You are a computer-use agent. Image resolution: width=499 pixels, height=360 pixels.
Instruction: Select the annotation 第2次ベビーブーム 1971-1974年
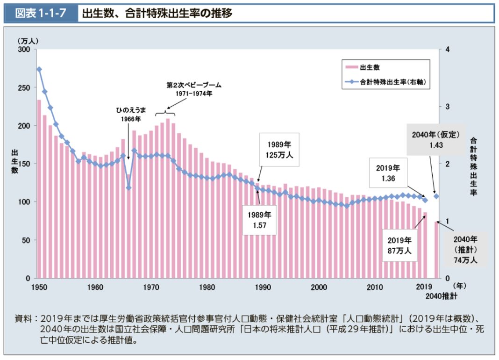(194, 89)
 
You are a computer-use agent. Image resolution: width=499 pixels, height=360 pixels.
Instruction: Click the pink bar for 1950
(39, 189)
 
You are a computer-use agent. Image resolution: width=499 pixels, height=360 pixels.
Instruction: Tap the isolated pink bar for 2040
(437, 250)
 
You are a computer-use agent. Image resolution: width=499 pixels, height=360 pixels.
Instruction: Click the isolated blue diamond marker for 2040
(436, 196)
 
